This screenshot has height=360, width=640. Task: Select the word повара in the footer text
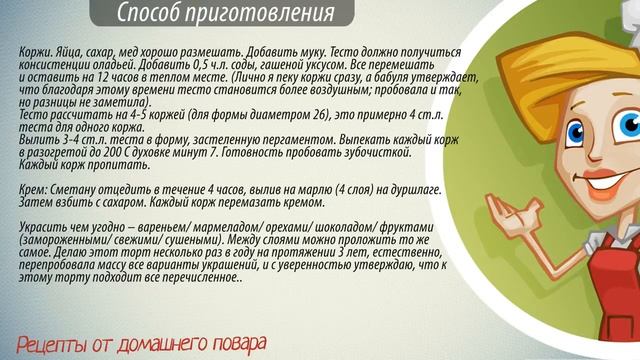pos(235,344)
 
